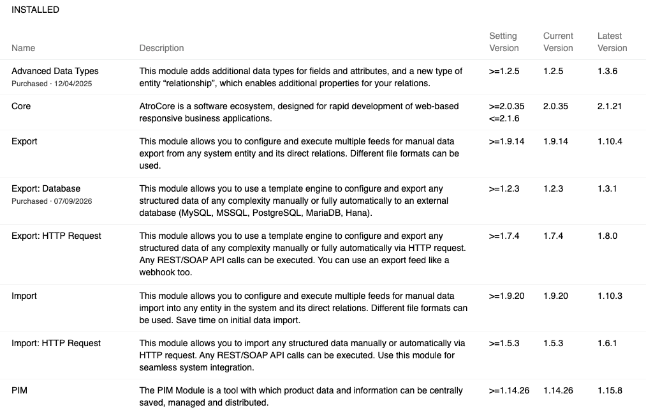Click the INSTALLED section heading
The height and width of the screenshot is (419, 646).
tap(35, 10)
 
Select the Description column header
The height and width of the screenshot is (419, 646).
tap(161, 48)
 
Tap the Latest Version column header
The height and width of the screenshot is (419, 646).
tap(612, 42)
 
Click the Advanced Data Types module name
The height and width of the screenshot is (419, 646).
tap(55, 71)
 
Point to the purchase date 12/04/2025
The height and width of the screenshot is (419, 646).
tap(75, 84)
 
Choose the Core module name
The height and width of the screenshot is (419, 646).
tap(21, 106)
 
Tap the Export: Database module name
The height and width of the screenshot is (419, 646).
tap(46, 188)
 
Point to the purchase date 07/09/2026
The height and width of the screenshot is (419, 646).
tap(75, 201)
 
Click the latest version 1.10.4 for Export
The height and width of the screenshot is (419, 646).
tap(610, 141)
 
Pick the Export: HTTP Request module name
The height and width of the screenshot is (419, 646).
tap(56, 236)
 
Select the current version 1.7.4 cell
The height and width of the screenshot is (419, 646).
tap(553, 236)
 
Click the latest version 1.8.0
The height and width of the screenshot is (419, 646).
tap(607, 236)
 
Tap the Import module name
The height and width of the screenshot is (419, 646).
tap(24, 296)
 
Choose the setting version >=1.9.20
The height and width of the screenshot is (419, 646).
tap(506, 296)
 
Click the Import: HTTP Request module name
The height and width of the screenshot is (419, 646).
tap(56, 343)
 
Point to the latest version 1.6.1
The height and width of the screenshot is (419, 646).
tap(607, 343)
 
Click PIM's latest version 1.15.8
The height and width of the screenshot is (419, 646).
tap(610, 390)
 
